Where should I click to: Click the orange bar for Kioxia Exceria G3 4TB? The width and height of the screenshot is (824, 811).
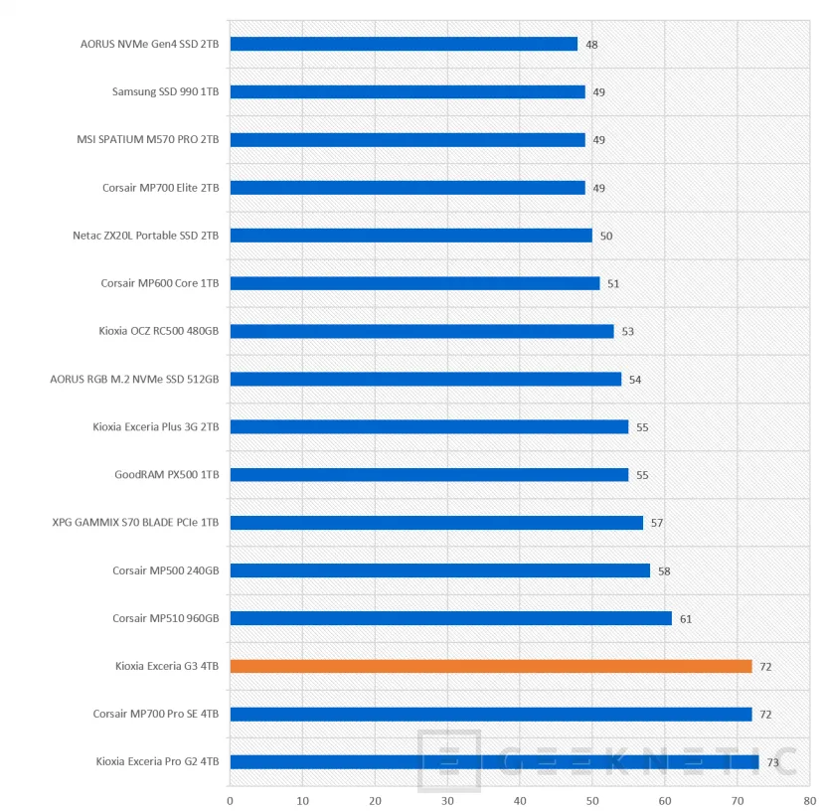pyautogui.click(x=491, y=666)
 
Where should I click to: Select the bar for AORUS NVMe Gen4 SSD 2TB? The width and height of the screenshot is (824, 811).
pyautogui.click(x=404, y=44)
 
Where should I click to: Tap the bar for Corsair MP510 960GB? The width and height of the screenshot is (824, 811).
pyautogui.click(x=451, y=618)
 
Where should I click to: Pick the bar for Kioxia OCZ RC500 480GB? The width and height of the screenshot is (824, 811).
pyautogui.click(x=422, y=331)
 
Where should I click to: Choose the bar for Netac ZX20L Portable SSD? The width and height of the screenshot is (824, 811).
pyautogui.click(x=411, y=236)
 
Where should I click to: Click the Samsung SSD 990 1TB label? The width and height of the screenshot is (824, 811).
pyautogui.click(x=166, y=92)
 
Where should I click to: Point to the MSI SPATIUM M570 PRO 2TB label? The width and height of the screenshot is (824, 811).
pyautogui.click(x=148, y=140)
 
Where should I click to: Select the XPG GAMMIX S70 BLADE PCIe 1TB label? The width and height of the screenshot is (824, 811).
pyautogui.click(x=135, y=523)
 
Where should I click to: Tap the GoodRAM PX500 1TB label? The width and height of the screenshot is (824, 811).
pyautogui.click(x=167, y=475)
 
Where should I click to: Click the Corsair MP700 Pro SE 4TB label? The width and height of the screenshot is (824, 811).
pyautogui.click(x=155, y=714)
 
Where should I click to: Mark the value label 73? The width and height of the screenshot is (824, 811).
pyautogui.click(x=772, y=762)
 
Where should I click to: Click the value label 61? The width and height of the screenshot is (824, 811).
pyautogui.click(x=686, y=618)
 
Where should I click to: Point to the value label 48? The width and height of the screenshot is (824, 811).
pyautogui.click(x=591, y=45)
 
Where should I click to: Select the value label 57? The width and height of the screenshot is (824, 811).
pyautogui.click(x=657, y=523)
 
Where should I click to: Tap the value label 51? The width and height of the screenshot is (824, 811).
pyautogui.click(x=613, y=284)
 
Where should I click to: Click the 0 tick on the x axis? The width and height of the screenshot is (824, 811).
pyautogui.click(x=230, y=801)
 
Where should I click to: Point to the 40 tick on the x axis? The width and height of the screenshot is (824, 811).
pyautogui.click(x=520, y=801)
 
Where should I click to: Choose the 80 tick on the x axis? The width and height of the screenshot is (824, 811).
pyautogui.click(x=810, y=801)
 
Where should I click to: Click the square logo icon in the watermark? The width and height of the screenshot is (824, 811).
pyautogui.click(x=449, y=760)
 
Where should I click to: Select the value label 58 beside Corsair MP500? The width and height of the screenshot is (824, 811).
pyautogui.click(x=664, y=571)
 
